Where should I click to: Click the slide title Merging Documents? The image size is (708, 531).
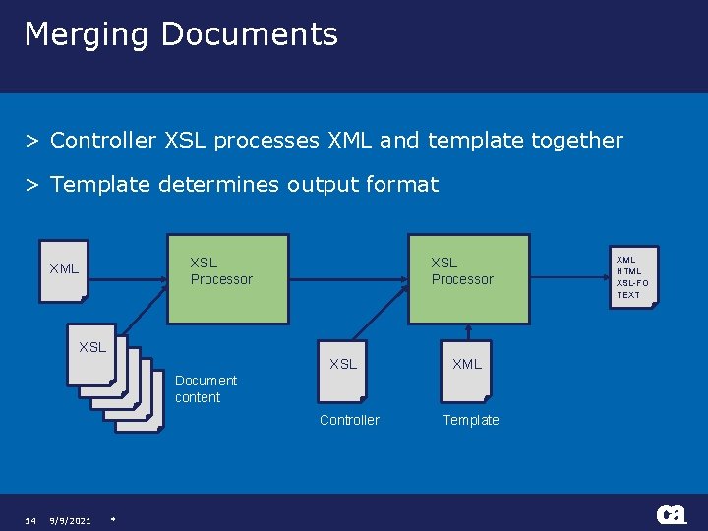pos(181,34)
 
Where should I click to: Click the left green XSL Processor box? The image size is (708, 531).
pos(228,279)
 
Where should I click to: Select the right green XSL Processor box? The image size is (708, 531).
pos(469,279)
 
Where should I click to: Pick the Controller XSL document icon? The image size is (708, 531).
pos(343,371)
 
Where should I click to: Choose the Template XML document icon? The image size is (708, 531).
pos(466,371)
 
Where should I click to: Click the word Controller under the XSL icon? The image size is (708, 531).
pos(349,420)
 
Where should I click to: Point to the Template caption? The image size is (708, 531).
pos(471,420)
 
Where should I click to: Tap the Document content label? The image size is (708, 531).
pos(206,388)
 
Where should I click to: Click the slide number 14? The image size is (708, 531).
pos(30,520)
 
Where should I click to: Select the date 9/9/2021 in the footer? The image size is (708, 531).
pos(71,520)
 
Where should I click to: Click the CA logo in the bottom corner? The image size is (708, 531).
pos(672,514)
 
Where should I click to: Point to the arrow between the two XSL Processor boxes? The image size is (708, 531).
pos(349,279)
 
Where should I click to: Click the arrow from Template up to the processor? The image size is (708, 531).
pos(466,332)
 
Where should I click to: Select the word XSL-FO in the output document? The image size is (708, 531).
pos(632,283)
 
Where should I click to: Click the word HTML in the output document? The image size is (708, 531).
pos(628,271)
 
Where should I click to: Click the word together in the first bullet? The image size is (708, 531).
pos(576,141)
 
